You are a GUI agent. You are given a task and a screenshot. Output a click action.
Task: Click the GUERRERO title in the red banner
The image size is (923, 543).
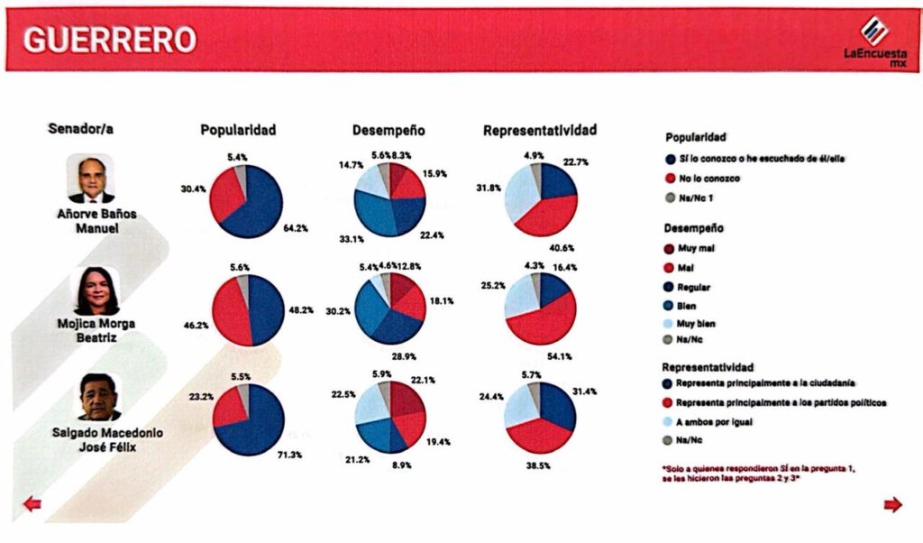click(108, 39)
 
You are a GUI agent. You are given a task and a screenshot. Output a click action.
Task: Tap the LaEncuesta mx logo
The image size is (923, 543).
click(874, 41)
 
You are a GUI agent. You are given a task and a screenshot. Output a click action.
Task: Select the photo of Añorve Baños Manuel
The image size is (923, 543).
click(91, 178)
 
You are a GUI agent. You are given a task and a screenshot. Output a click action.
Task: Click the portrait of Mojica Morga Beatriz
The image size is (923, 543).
click(96, 290)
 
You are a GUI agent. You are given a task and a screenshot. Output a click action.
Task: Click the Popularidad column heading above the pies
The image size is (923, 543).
click(238, 130)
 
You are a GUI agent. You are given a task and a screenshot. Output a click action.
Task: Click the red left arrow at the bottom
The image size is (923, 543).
click(32, 504)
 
